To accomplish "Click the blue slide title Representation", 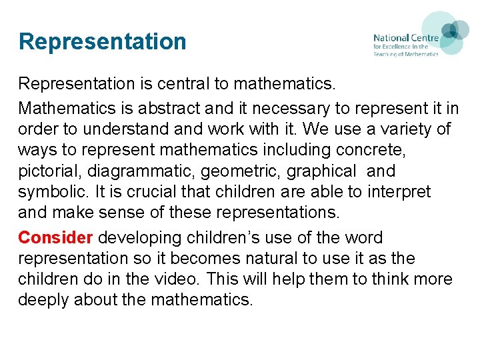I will (x=102, y=41).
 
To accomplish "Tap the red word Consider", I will (x=55, y=238).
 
